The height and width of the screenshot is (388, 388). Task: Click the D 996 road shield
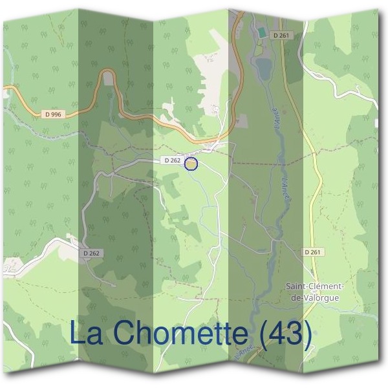pyautogui.click(x=54, y=114)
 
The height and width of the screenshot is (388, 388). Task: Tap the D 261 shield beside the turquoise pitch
pyautogui.click(x=279, y=36)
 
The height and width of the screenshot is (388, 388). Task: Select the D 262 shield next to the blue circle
pyautogui.click(x=171, y=160)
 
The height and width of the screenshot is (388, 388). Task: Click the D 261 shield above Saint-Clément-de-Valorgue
pyautogui.click(x=312, y=252)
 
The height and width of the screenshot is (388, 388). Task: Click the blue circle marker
pyautogui.click(x=191, y=164)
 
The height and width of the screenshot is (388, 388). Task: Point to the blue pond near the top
pyautogui.click(x=264, y=67)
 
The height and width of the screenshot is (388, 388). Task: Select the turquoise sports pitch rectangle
pyautogui.click(x=261, y=32)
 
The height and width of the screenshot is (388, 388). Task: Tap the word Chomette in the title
pyautogui.click(x=178, y=334)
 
